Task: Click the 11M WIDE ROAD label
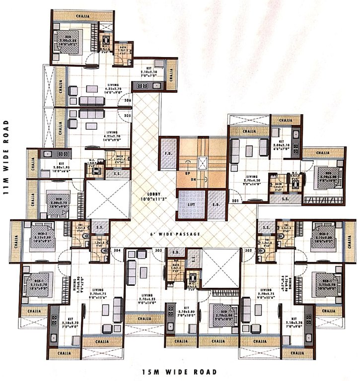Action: [6, 158]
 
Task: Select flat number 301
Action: [235, 201]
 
